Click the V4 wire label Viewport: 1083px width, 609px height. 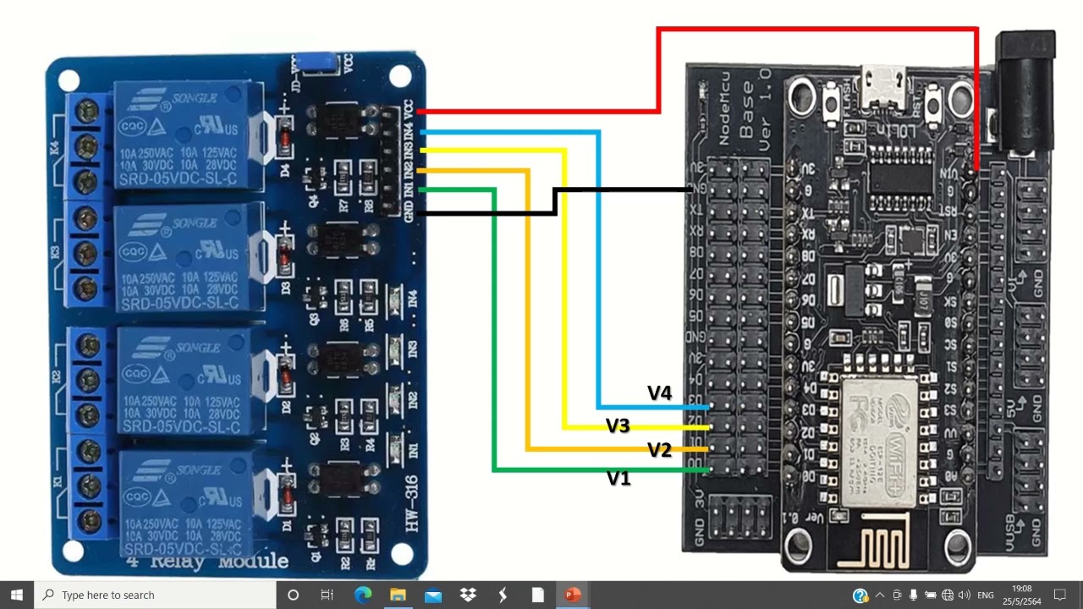coord(659,392)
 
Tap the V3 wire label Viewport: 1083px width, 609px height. coord(618,425)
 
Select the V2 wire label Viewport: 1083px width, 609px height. coord(659,450)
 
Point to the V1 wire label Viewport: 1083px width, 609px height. coord(618,479)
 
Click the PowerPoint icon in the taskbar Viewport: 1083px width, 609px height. coord(573,595)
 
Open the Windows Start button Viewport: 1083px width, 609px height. coord(17,595)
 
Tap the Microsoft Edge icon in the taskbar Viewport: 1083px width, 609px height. coord(362,595)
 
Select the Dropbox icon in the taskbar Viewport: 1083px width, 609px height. coord(468,595)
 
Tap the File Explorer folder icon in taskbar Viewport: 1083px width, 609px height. coord(398,595)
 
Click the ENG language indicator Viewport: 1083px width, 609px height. coord(985,595)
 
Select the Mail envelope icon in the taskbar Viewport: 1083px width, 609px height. coord(433,595)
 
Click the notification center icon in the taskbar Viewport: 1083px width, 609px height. coord(1059,595)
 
